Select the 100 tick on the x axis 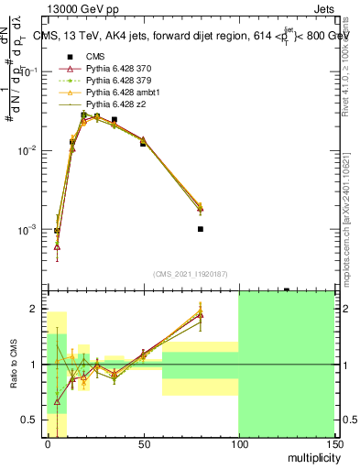[238, 444]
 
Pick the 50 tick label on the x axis [143, 444]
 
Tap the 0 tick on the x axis [48, 444]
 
